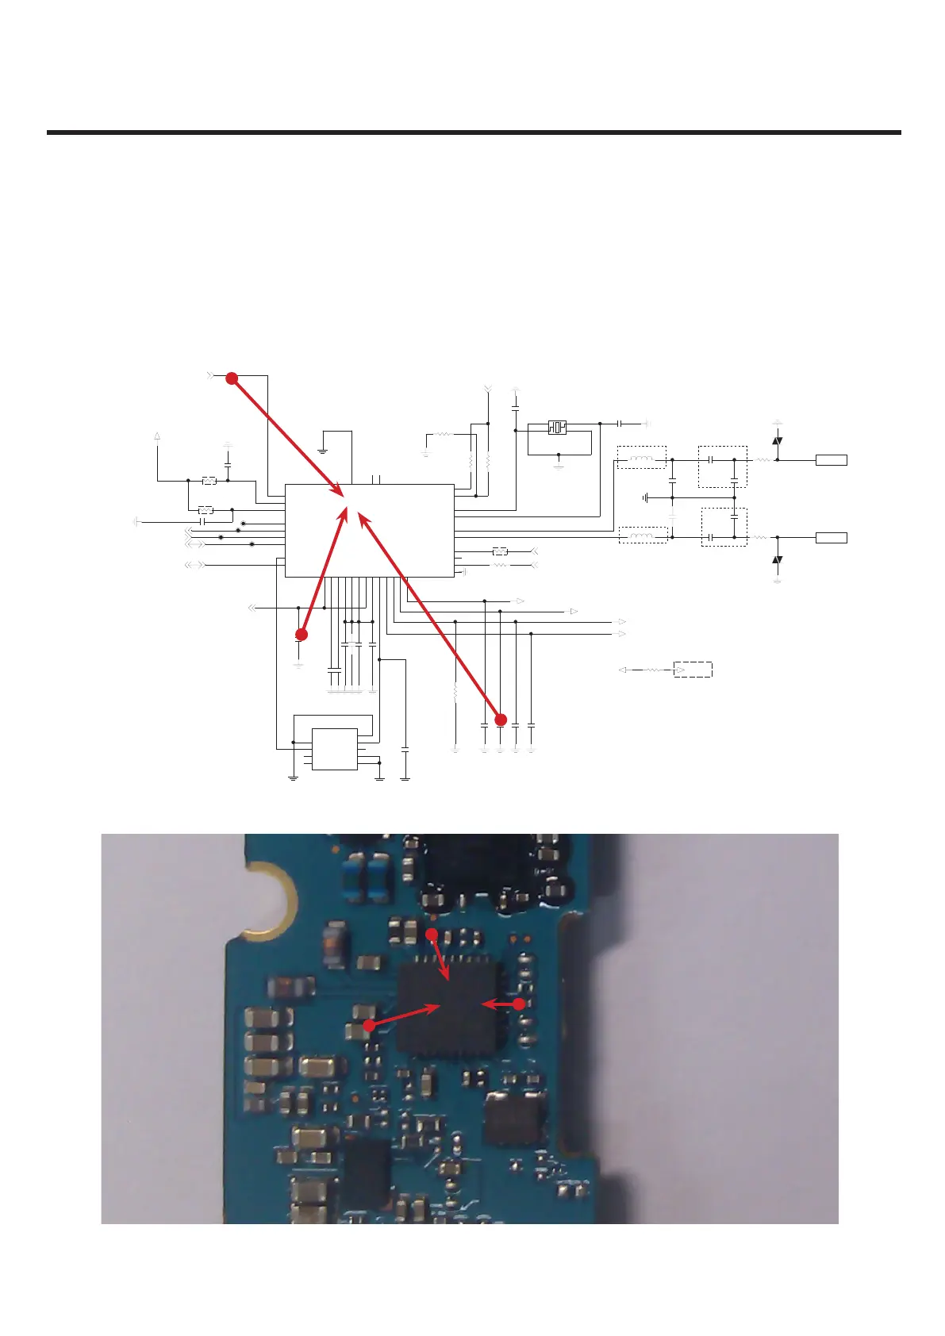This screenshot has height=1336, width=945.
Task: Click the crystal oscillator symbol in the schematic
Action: point(557,428)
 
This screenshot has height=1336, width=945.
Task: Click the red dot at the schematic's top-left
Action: point(232,379)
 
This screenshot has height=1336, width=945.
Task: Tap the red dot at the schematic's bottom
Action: point(501,720)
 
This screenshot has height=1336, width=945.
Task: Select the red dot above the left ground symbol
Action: point(301,634)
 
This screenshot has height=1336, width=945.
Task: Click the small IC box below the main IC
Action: point(334,749)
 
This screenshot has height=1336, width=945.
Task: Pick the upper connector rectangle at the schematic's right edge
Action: point(832,460)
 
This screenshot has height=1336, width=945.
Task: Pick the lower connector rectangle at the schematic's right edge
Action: point(832,538)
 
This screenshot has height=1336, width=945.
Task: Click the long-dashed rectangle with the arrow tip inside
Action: point(693,670)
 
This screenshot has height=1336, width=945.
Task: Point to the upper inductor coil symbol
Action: point(641,459)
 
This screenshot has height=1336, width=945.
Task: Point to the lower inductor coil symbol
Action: point(641,537)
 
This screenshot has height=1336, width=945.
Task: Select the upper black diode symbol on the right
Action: point(778,441)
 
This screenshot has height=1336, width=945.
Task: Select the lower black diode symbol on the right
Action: point(778,560)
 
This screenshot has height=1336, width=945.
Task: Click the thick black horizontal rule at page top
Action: point(474,132)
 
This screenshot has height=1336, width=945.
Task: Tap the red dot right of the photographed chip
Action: point(519,1004)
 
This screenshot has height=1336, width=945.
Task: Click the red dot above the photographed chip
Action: point(432,935)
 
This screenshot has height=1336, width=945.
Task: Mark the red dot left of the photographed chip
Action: point(369,1025)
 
